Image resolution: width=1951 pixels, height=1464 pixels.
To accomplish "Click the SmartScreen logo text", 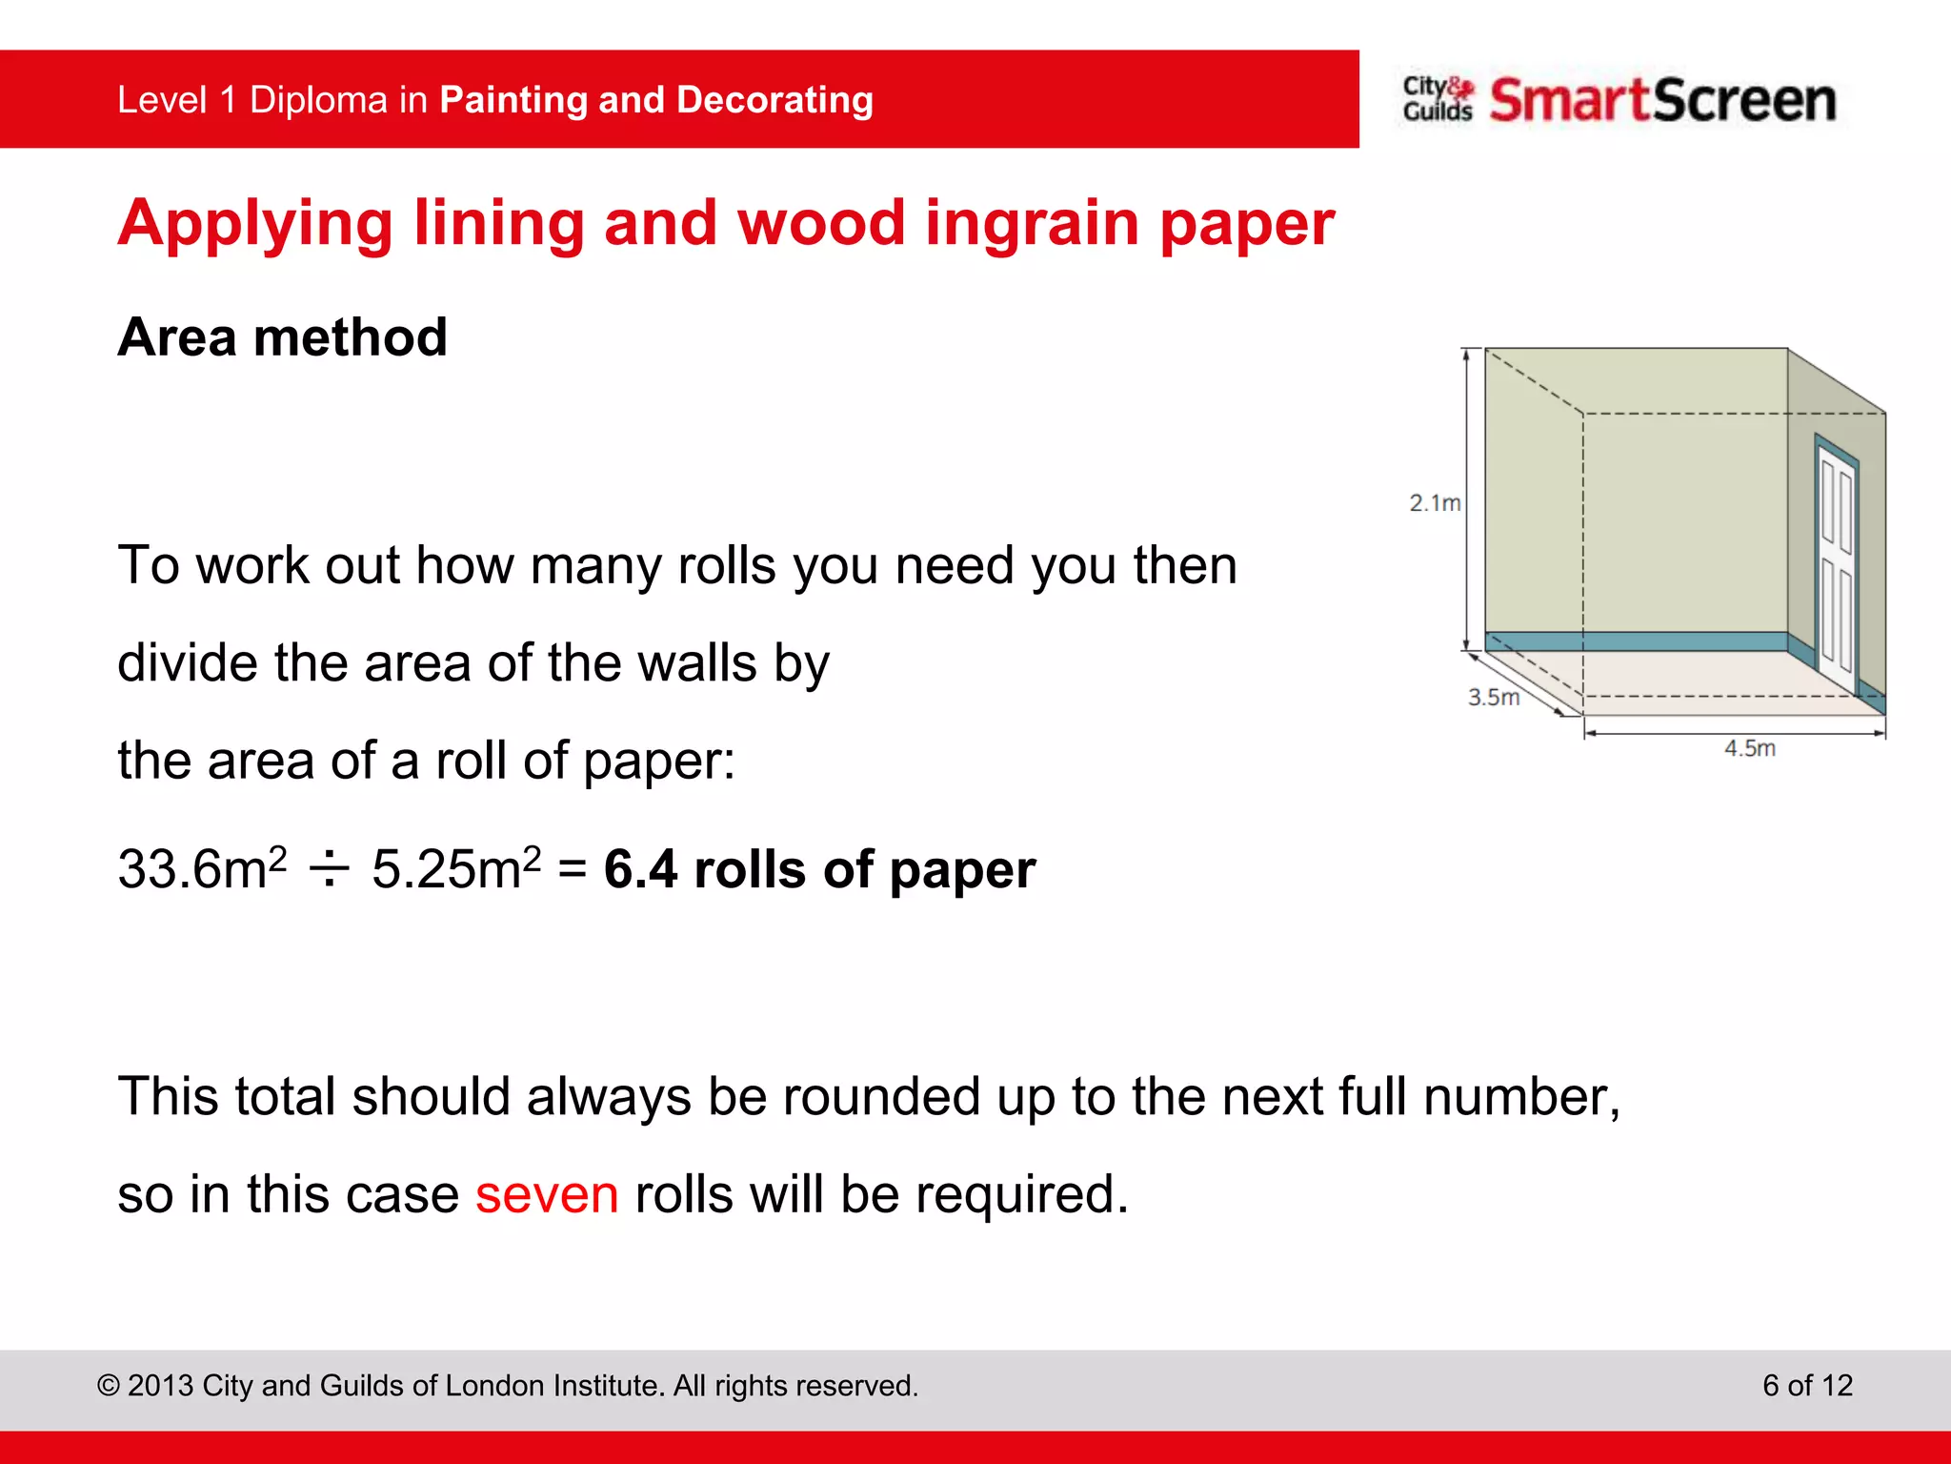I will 1662,100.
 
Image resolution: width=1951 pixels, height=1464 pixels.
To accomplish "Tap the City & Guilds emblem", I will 1438,99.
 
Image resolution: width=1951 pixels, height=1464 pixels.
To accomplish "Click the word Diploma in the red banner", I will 318,100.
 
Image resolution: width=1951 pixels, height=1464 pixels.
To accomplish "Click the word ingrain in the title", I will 1032,223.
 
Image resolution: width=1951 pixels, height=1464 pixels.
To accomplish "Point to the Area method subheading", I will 282,337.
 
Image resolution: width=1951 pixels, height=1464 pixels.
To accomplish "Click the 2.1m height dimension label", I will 1434,502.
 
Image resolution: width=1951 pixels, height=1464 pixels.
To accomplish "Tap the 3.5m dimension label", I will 1493,698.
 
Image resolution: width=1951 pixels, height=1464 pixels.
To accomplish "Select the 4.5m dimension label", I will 1749,749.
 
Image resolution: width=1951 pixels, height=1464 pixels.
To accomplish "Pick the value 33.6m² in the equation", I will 202,868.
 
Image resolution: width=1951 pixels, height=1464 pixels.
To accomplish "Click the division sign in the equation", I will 330,869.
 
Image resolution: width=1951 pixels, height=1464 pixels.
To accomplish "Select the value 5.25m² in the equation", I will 455,868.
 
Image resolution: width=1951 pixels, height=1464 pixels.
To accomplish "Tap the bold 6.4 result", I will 640,869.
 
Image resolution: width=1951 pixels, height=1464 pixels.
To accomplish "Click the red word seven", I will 547,1194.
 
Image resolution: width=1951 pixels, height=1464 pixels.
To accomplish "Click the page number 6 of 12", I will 1807,1385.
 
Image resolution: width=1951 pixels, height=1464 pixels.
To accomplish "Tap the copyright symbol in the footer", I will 109,1386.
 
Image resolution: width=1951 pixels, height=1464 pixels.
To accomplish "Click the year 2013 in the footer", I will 161,1385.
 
